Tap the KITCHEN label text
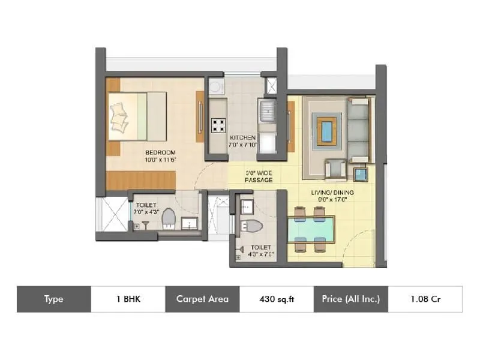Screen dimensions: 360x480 (242, 137)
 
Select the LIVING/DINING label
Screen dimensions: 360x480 (332, 192)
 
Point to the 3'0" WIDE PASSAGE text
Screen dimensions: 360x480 (259, 176)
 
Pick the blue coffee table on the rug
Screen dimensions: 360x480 (326, 131)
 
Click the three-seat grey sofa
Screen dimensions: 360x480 (359, 129)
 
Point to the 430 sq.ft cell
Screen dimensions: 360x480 (276, 299)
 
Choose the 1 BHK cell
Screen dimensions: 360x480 (128, 299)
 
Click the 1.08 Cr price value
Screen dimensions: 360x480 (425, 299)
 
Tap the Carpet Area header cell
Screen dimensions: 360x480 (202, 299)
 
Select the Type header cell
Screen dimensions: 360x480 (53, 299)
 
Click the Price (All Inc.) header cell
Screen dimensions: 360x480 (351, 299)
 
